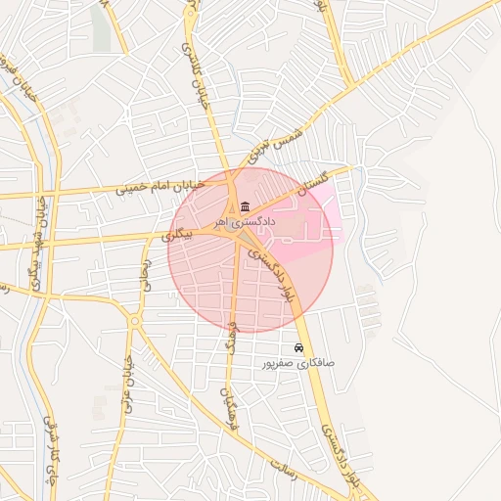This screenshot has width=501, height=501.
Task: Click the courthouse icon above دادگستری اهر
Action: pos(244,206)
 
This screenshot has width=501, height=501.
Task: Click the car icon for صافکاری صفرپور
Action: pos(298,347)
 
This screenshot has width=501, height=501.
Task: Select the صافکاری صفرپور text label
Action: pos(298,363)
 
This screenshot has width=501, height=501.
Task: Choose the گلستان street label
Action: pos(314,183)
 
